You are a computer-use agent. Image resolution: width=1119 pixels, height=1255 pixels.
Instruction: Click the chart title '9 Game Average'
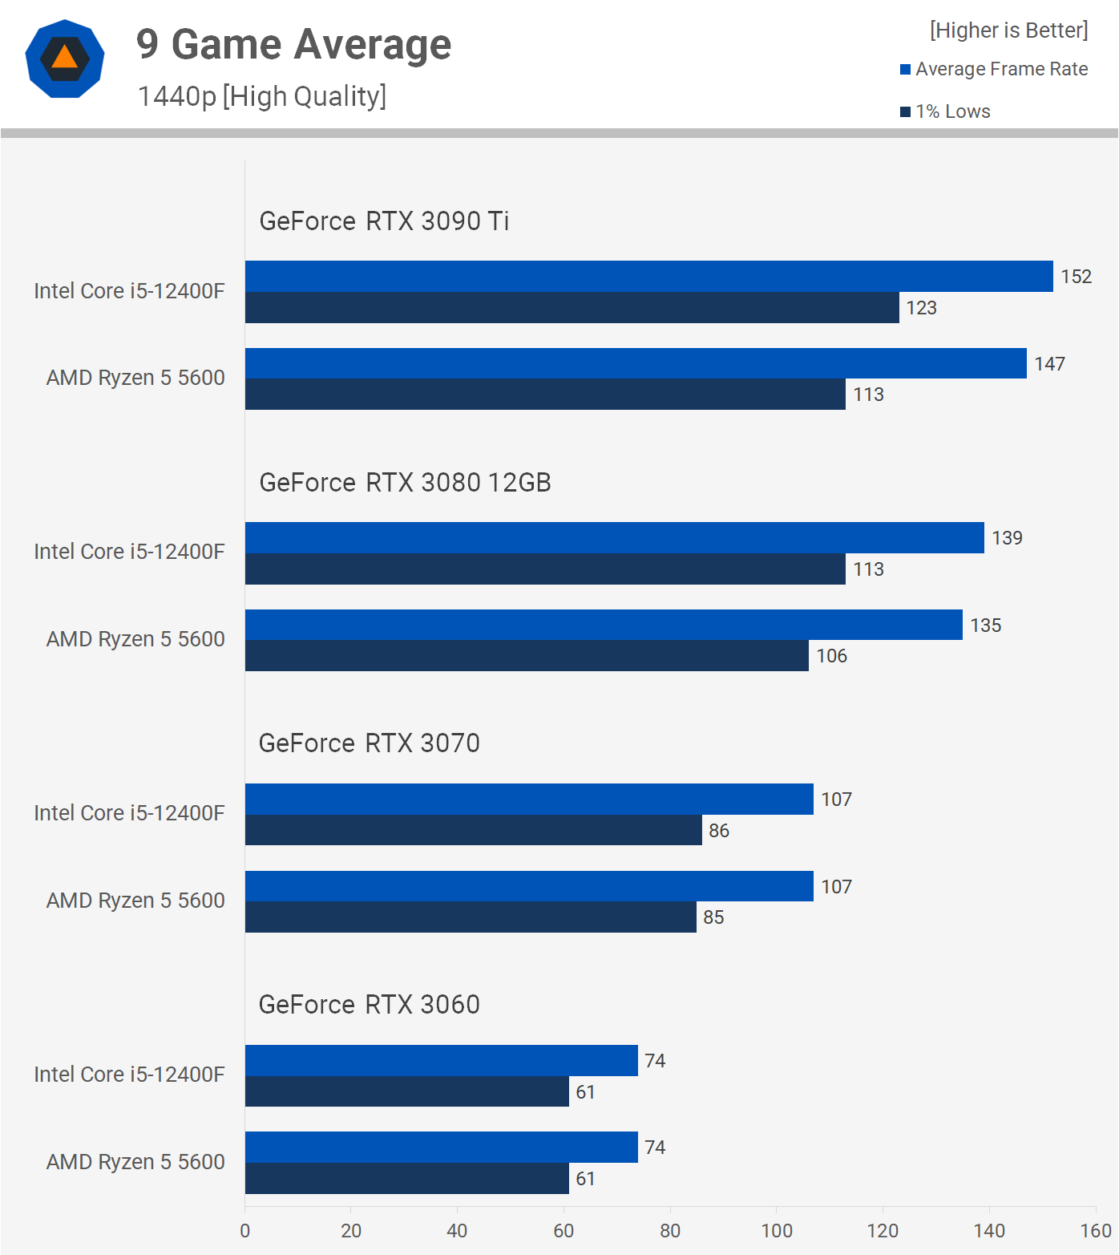[x=293, y=45]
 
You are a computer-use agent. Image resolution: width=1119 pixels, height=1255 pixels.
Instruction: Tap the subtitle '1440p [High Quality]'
[x=262, y=96]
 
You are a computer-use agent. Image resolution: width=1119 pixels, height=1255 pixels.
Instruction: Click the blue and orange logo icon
[x=65, y=59]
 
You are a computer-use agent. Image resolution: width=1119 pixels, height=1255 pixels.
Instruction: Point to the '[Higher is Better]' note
[x=1008, y=30]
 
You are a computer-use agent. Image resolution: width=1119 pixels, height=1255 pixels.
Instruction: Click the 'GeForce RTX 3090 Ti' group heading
[x=384, y=221]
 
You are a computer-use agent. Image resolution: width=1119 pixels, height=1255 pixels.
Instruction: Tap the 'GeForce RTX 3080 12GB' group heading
[x=405, y=483]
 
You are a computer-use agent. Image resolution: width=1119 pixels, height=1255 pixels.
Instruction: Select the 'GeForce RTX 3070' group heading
[x=369, y=743]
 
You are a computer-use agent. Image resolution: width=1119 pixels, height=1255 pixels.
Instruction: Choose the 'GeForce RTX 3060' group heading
[x=369, y=1005]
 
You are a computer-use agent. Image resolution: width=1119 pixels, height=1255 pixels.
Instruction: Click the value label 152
[x=1076, y=277]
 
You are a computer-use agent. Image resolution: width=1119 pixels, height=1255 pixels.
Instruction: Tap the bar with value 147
[x=635, y=363]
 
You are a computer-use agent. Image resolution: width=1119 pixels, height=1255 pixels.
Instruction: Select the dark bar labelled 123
[x=572, y=308]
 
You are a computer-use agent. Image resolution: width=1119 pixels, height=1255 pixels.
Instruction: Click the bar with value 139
[x=614, y=538]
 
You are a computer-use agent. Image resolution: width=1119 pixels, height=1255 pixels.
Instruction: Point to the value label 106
[x=831, y=656]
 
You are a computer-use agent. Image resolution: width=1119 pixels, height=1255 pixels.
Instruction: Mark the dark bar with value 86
[x=473, y=831]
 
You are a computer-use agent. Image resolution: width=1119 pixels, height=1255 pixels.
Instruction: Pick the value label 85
[x=713, y=917]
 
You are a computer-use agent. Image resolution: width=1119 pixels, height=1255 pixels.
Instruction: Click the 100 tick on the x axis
[x=776, y=1231]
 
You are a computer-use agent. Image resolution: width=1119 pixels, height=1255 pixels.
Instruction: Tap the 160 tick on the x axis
[x=1095, y=1231]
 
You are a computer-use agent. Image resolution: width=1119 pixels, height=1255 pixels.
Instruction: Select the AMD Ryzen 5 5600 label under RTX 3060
[x=135, y=1162]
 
